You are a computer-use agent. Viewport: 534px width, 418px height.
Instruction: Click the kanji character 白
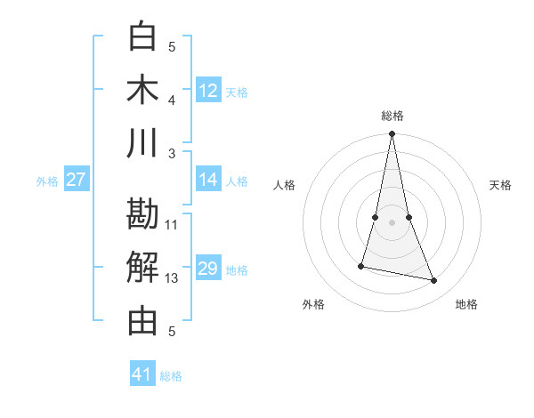click(142, 36)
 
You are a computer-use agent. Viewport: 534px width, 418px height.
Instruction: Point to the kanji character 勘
click(142, 214)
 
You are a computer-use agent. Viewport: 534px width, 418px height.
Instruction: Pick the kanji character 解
click(142, 268)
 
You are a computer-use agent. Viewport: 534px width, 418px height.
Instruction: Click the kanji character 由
click(142, 321)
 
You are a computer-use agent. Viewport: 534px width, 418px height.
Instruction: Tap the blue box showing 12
click(208, 90)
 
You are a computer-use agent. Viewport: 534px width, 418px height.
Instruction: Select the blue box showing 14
click(208, 180)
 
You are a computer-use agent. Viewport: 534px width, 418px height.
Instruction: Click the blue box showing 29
click(208, 269)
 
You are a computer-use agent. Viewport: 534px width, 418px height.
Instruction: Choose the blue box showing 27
click(77, 180)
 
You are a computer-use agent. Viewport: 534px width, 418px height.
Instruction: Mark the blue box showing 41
click(142, 374)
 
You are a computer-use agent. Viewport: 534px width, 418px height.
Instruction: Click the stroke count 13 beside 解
click(172, 278)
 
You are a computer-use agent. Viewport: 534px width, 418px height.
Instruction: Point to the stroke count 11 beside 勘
click(172, 225)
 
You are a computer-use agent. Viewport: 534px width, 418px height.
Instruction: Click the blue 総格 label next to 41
click(171, 376)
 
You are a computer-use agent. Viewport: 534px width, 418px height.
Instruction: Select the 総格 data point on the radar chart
click(392, 134)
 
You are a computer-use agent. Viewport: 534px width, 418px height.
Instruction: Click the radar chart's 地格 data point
click(434, 281)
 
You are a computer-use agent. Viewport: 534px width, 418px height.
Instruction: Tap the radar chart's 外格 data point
click(361, 265)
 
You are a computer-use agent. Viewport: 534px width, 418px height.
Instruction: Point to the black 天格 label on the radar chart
click(501, 185)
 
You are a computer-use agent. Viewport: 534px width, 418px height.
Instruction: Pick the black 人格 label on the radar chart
click(285, 185)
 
